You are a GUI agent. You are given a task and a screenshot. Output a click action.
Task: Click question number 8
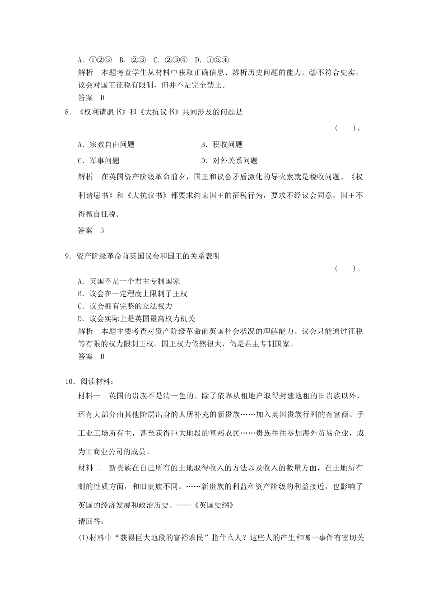click(68, 112)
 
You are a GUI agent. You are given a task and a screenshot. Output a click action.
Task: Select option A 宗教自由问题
click(106, 145)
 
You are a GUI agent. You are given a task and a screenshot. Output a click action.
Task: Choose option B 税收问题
click(222, 145)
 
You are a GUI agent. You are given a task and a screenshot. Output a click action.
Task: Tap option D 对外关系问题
click(229, 161)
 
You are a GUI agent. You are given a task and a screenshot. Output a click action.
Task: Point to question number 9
click(68, 256)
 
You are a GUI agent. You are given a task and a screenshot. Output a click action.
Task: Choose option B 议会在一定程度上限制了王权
click(132, 294)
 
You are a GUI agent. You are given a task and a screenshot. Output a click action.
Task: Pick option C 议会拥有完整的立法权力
click(125, 306)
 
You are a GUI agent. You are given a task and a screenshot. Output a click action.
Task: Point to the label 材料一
click(89, 396)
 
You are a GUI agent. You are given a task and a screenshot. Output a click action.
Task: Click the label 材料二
click(89, 468)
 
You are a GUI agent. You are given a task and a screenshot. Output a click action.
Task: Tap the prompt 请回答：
click(91, 522)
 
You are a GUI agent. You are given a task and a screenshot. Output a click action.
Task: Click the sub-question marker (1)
click(84, 538)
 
